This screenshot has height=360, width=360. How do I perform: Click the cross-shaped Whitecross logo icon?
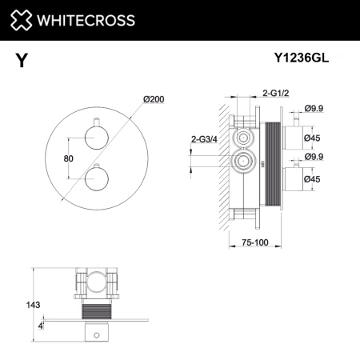click(22, 19)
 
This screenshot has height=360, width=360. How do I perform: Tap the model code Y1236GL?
click(303, 57)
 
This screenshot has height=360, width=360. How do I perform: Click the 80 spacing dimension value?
click(69, 158)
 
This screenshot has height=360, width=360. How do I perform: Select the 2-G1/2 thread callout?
click(273, 93)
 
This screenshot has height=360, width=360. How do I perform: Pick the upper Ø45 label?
click(317, 138)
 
